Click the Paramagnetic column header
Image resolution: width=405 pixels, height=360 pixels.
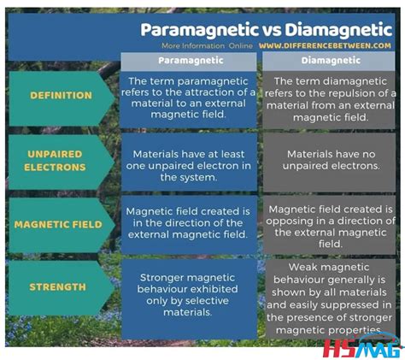[x=191, y=61]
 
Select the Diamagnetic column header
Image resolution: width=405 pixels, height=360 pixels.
[x=329, y=61]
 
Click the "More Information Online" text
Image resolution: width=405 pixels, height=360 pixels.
[x=207, y=45]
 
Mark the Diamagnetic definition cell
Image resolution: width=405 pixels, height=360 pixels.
[x=329, y=98]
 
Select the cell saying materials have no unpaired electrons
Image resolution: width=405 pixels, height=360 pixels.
[x=329, y=160]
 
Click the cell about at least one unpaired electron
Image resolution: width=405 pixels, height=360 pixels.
[x=190, y=160]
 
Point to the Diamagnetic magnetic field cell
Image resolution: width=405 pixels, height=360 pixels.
[x=329, y=226]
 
